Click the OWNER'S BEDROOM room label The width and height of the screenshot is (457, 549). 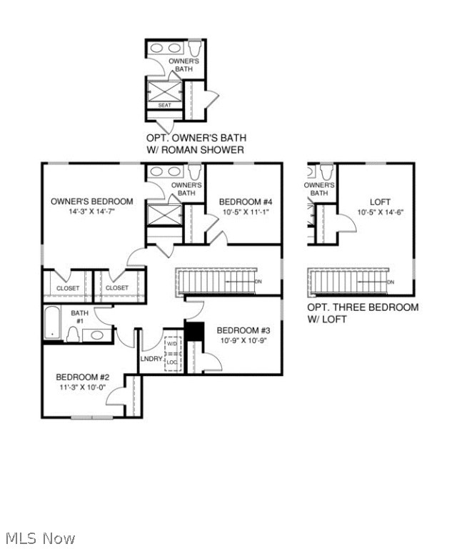tap(91, 202)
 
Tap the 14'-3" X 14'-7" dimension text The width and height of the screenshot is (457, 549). tap(91, 212)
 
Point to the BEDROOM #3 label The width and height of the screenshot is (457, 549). tap(243, 330)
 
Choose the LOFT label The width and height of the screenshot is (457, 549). tap(380, 202)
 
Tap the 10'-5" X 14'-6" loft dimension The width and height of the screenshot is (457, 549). tap(381, 212)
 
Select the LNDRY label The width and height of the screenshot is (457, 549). tap(151, 359)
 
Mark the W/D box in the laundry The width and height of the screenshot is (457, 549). tap(171, 345)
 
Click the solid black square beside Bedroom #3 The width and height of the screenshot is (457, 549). tap(194, 332)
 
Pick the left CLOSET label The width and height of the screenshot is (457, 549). tap(68, 288)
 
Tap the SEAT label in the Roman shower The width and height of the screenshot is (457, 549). tap(164, 105)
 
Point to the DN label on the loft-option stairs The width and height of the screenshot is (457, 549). tap(391, 282)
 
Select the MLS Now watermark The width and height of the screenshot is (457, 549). tap(40, 538)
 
